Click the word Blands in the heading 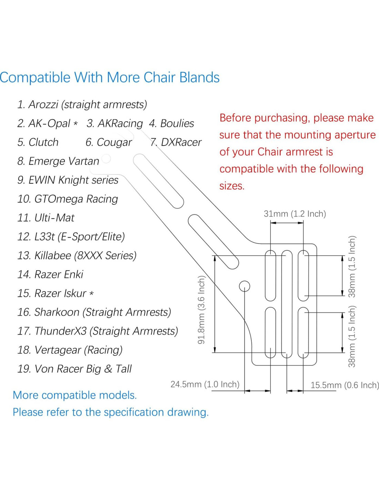point(199,78)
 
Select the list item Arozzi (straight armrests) point(82,104)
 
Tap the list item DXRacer point(176,142)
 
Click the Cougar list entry point(109,142)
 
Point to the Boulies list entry point(172,123)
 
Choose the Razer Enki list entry point(50,274)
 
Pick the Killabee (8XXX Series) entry point(77,255)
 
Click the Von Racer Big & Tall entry point(74,369)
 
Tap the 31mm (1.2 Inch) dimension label point(295,214)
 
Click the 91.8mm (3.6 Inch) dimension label point(201,309)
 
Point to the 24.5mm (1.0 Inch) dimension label point(205,384)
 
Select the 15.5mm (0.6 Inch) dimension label point(345,385)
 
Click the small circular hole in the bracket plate point(244,286)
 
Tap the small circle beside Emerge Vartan point(106,159)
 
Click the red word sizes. point(232,186)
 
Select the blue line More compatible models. point(75,395)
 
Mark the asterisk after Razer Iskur point(91,294)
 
